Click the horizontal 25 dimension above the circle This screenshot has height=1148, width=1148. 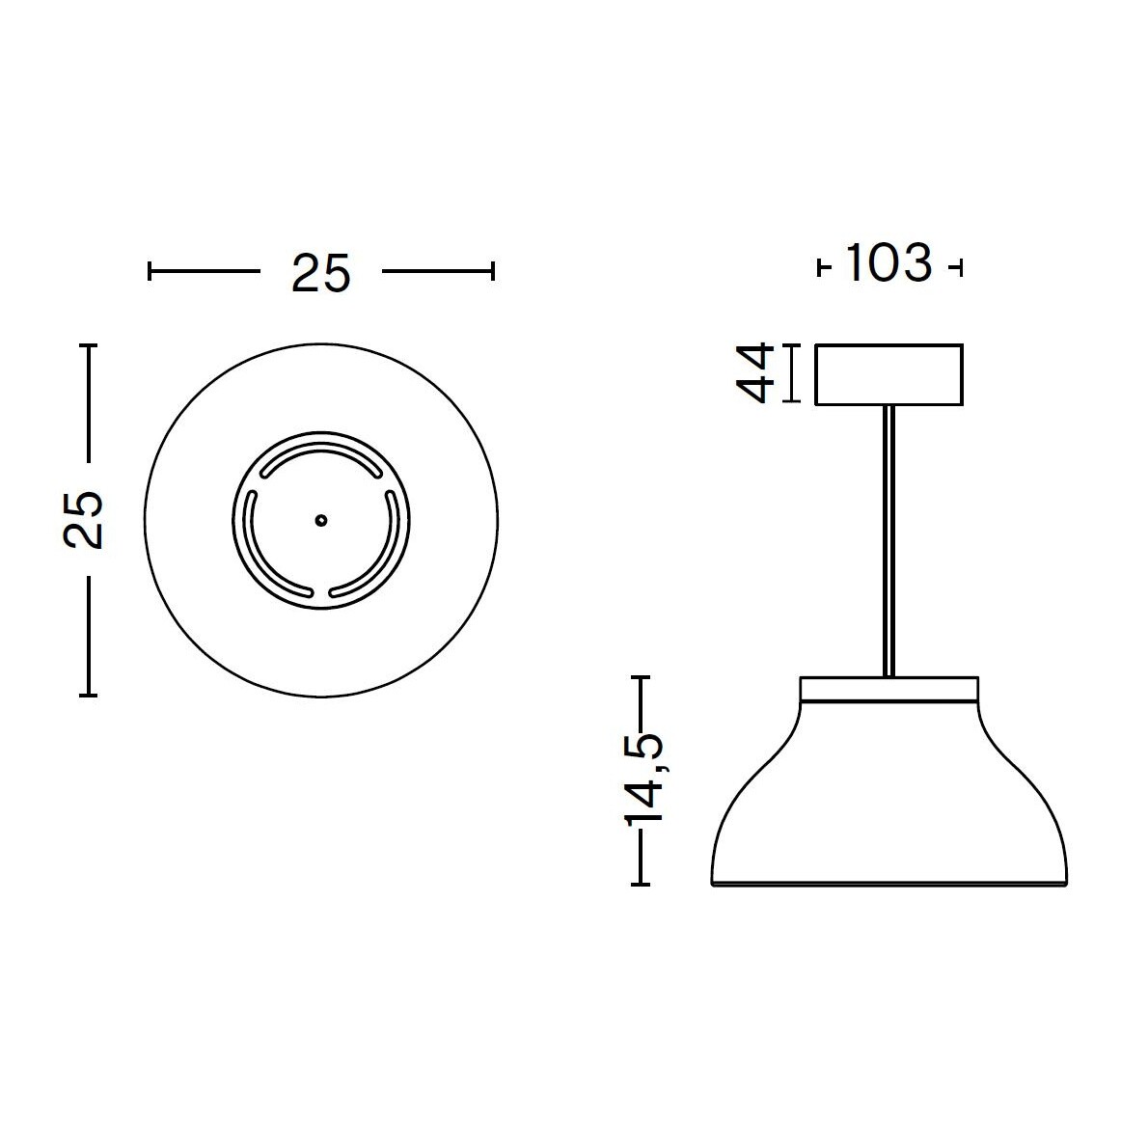[x=320, y=274]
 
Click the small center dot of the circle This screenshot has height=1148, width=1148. [x=321, y=519]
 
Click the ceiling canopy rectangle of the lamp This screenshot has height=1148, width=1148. [x=888, y=374]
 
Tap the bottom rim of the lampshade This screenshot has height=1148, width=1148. [x=888, y=882]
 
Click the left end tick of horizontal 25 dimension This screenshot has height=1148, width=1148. [x=150, y=272]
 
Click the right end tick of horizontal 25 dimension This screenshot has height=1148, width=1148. [x=493, y=272]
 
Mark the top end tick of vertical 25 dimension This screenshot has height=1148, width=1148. [x=89, y=345]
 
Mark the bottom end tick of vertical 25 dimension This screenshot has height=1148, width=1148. [x=89, y=694]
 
